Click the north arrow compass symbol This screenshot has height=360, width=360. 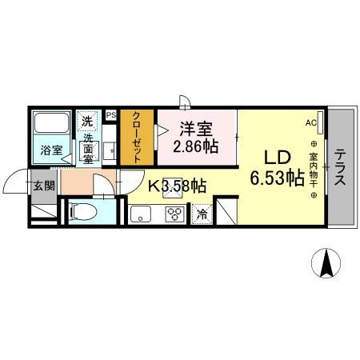(x=326, y=263)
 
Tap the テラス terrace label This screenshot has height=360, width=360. (x=340, y=167)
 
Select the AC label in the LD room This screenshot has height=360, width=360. (x=310, y=122)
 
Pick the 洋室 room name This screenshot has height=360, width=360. (x=195, y=128)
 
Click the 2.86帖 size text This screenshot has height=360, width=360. (x=195, y=147)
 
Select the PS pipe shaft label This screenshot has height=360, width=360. (x=110, y=115)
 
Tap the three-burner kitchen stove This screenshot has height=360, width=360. (x=176, y=214)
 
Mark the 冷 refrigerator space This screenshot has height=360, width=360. (x=202, y=214)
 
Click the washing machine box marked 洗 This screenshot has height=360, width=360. (x=87, y=121)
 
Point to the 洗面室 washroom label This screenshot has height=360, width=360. (x=87, y=148)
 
